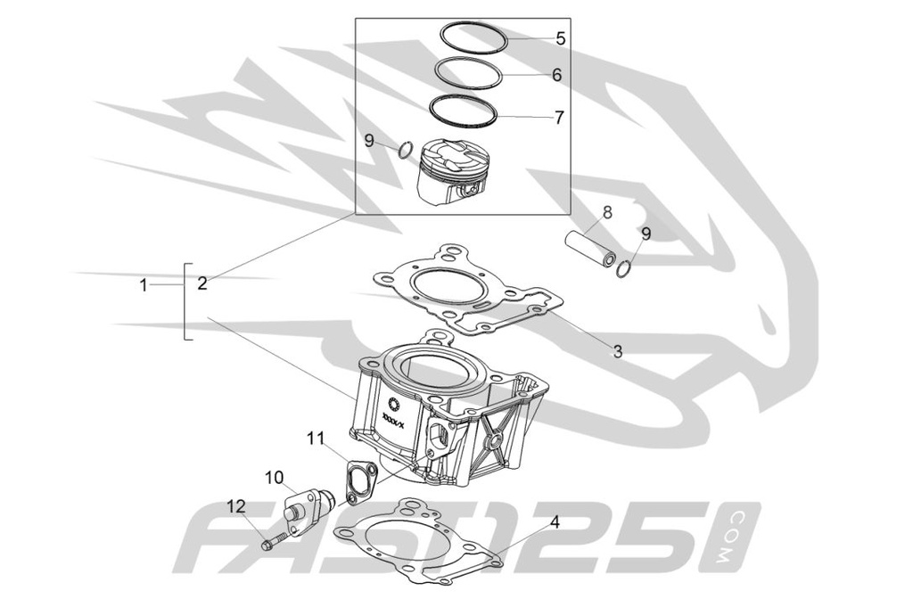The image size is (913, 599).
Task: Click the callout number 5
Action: tap(560, 38)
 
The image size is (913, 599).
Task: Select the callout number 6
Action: tap(556, 76)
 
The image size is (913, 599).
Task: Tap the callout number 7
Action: tap(559, 117)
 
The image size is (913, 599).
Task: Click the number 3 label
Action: tap(616, 351)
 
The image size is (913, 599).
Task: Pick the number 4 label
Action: tap(555, 522)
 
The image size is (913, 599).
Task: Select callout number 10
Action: tap(274, 477)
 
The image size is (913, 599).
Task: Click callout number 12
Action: tap(235, 506)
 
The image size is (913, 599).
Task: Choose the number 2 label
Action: tap(202, 284)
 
